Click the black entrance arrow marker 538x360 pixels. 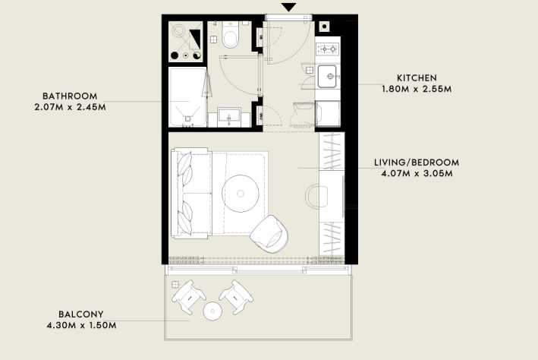tap(288, 8)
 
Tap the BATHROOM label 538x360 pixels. tap(70, 96)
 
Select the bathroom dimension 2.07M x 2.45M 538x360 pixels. tap(70, 107)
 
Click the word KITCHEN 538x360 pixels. tap(417, 78)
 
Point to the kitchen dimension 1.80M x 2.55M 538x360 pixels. tap(417, 90)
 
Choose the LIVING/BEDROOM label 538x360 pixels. tap(417, 163)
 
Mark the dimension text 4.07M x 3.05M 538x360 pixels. tap(417, 174)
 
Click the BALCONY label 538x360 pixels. tap(81, 314)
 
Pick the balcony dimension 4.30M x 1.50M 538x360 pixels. tap(81, 325)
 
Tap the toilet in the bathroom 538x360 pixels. tap(230, 36)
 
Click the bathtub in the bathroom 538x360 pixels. tap(187, 97)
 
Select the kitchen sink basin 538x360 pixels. tap(327, 76)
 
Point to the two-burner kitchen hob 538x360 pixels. tap(328, 49)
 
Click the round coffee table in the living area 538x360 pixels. tap(241, 194)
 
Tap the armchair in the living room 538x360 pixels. tap(269, 234)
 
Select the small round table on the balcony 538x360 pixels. tap(212, 311)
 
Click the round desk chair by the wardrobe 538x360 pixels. tap(316, 197)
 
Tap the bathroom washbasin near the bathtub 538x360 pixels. tap(229, 117)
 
